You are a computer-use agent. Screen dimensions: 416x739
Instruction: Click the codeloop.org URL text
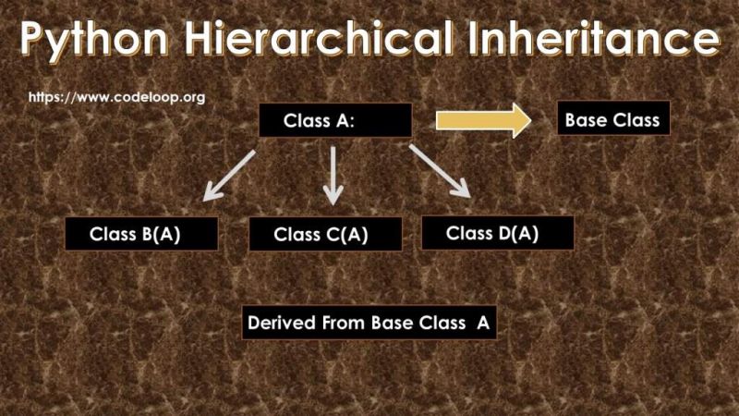pyautogui.click(x=116, y=96)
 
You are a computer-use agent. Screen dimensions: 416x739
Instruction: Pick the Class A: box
pyautogui.click(x=334, y=120)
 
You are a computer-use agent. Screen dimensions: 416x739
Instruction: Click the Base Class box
pyautogui.click(x=612, y=120)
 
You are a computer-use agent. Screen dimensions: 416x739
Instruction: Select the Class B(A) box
pyautogui.click(x=141, y=234)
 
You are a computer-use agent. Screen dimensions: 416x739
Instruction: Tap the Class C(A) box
pyautogui.click(x=325, y=235)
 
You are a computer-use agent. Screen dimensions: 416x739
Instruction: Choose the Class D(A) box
pyautogui.click(x=497, y=233)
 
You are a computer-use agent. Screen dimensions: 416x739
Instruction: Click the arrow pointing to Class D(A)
pyautogui.click(x=440, y=171)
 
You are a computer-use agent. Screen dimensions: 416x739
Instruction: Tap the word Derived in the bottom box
pyautogui.click(x=281, y=324)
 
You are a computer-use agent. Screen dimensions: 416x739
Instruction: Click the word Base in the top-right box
pyautogui.click(x=585, y=120)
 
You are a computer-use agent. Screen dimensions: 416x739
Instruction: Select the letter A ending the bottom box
pyautogui.click(x=482, y=324)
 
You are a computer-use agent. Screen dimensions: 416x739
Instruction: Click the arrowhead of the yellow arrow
pyautogui.click(x=518, y=121)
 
